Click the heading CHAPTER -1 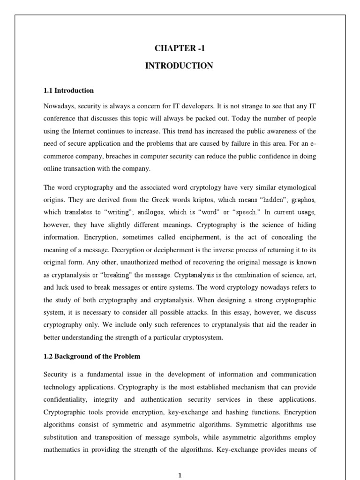tap(180, 48)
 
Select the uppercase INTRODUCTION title tap(180, 66)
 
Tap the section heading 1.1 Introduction tap(68, 90)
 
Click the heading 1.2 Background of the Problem tap(92, 356)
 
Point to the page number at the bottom tap(180, 475)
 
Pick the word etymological tap(293, 187)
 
